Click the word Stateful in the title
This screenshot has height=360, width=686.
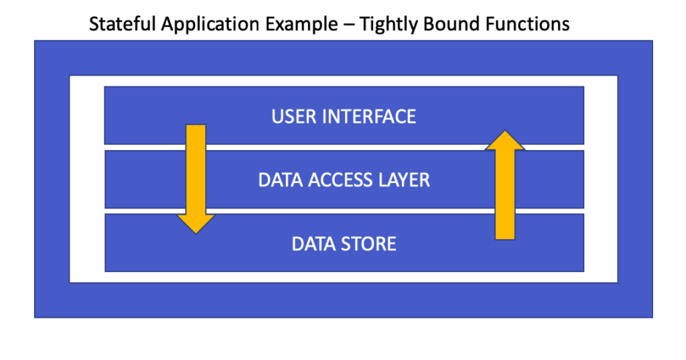tap(123, 23)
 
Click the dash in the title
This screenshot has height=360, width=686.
tap(348, 25)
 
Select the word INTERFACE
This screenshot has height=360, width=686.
tap(369, 117)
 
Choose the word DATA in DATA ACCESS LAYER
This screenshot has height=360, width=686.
tap(281, 180)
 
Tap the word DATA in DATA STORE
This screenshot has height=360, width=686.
tap(314, 244)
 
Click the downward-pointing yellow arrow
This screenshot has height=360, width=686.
tap(196, 179)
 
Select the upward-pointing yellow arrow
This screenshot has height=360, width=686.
tap(505, 185)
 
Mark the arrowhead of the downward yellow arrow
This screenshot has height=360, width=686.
tap(196, 224)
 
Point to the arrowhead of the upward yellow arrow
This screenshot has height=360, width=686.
tap(505, 140)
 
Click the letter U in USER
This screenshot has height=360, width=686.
tap(277, 117)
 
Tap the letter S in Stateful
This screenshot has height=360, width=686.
tap(94, 24)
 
